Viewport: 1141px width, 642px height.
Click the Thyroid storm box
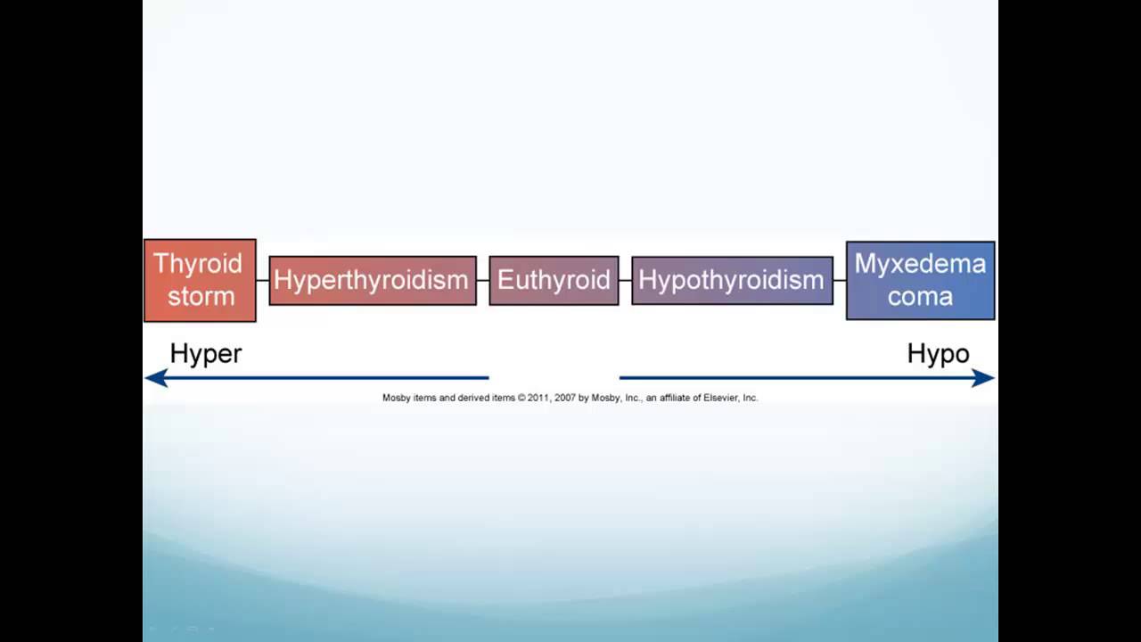(200, 280)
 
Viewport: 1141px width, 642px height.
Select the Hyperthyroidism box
(373, 280)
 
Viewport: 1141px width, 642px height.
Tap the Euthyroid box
(554, 280)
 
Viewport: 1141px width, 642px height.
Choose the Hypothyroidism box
(732, 280)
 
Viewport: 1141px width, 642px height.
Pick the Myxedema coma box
(920, 280)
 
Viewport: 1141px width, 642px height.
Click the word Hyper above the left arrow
(206, 354)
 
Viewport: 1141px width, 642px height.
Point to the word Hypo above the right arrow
(938, 354)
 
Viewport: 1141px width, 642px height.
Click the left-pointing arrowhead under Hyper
(156, 378)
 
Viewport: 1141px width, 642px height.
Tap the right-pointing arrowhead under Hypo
(983, 378)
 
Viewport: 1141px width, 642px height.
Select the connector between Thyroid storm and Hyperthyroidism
(263, 280)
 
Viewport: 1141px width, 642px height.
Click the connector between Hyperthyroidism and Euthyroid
(483, 280)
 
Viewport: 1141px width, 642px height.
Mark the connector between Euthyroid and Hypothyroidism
(625, 280)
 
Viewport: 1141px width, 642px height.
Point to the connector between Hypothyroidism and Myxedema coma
(840, 280)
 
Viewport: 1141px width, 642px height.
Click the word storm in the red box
(201, 296)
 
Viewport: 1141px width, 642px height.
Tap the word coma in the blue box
(920, 296)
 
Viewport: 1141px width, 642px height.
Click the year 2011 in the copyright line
(537, 398)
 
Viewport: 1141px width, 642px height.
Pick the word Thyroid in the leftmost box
(198, 264)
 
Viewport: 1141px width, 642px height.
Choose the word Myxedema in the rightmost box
(920, 264)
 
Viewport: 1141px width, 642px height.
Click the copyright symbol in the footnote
(521, 398)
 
